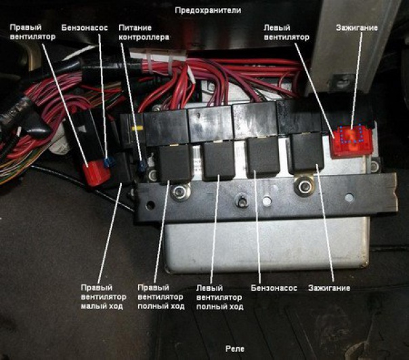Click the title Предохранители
tap(208, 11)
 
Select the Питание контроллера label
tap(143, 32)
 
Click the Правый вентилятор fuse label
tap(33, 32)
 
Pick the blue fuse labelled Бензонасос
tap(108, 162)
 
